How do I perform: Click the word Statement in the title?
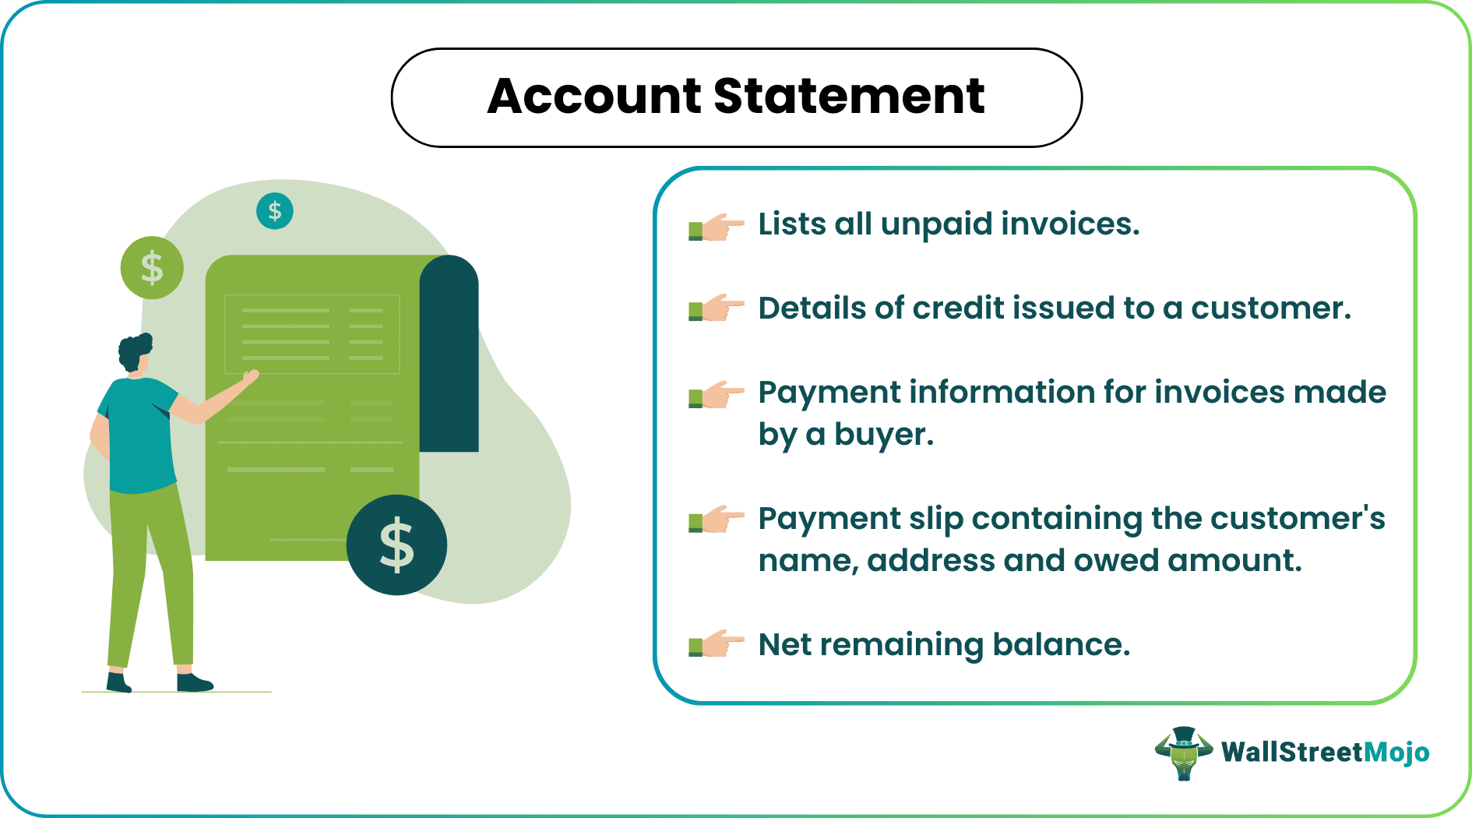[848, 97]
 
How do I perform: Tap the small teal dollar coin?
[275, 211]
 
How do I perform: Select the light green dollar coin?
[152, 268]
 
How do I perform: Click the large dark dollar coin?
[396, 545]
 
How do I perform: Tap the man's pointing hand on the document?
[250, 378]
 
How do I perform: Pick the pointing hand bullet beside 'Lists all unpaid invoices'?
[716, 227]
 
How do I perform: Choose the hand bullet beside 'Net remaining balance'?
[716, 644]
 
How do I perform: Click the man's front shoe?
[194, 683]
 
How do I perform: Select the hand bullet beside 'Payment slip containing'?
[716, 518]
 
